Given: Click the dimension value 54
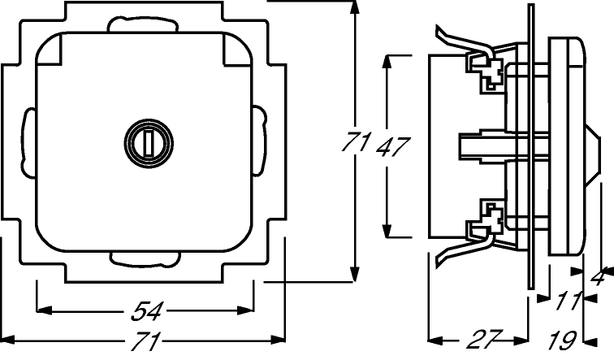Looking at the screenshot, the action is click(146, 311).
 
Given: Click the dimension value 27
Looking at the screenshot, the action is click(485, 339).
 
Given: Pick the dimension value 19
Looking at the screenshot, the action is click(562, 340).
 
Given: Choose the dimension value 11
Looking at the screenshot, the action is click(569, 301).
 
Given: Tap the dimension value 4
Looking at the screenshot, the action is click(599, 276).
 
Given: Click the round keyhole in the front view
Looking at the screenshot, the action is click(149, 143).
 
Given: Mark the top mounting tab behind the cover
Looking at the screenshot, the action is click(143, 24).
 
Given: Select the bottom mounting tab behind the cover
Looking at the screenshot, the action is click(145, 259).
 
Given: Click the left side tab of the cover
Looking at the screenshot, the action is click(28, 141).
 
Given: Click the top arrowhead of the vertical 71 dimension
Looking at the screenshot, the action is click(354, 8).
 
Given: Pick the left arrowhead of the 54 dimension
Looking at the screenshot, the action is click(44, 310).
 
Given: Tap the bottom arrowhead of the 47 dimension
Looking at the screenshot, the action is click(387, 231).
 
